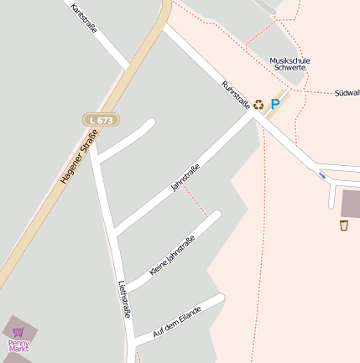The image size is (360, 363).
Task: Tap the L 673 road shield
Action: tap(99, 121)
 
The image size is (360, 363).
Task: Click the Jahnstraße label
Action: tap(185, 177)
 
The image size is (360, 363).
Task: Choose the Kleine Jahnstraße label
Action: tap(171, 256)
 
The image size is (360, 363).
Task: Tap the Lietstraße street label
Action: tap(125, 298)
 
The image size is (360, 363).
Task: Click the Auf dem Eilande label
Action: tap(178, 321)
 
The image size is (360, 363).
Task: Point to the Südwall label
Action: tap(346, 92)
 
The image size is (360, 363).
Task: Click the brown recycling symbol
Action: tap(258, 105)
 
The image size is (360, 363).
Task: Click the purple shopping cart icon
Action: tap(18, 332)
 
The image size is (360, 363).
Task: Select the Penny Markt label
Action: tap(18, 345)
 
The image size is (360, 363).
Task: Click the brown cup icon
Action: tap(343, 225)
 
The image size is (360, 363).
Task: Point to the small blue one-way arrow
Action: tap(322, 175)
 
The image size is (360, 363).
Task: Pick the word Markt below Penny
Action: tap(18, 348)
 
